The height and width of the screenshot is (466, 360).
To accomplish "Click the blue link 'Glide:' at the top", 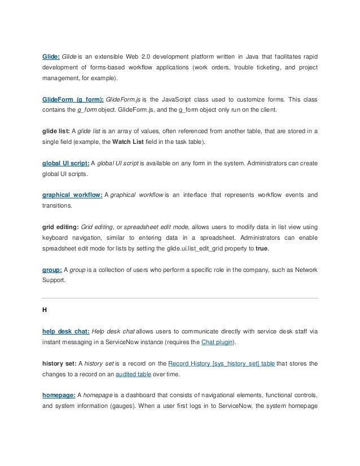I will [x=52, y=58].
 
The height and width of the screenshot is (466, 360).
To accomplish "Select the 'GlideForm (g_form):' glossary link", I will [x=73, y=99].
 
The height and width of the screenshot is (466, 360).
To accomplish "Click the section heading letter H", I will [x=45, y=309].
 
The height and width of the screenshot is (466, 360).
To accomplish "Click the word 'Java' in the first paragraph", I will [x=251, y=58].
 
